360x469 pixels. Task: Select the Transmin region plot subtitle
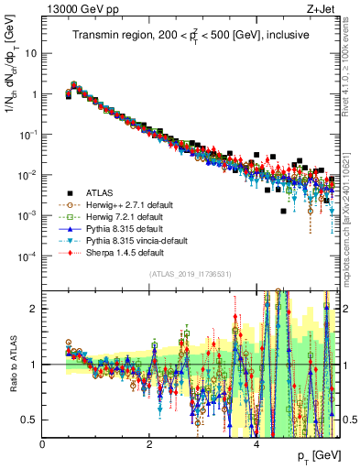191,36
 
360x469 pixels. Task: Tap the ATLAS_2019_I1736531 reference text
191,273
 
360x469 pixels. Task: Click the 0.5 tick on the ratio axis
29,420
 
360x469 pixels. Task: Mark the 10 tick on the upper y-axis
29,53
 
